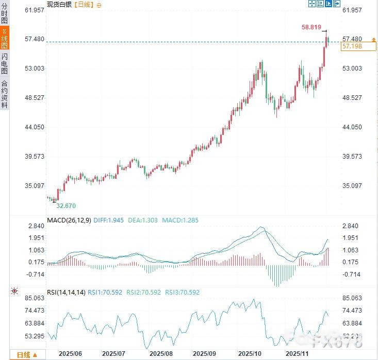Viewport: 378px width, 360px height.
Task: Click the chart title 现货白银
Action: click(59, 4)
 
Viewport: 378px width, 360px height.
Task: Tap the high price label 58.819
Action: click(311, 27)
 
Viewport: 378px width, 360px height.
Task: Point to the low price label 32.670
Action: click(65, 205)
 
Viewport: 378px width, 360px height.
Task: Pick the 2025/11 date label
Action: click(297, 354)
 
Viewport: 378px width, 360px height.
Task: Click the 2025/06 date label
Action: click(71, 354)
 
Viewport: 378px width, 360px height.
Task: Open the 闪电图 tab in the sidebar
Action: click(5, 63)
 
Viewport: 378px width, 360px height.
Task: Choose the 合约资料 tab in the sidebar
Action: click(5, 94)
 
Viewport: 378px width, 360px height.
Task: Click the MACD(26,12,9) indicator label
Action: click(69, 220)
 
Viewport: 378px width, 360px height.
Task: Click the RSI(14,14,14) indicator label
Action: click(65, 292)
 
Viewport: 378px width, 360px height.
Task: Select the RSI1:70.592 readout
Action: click(105, 292)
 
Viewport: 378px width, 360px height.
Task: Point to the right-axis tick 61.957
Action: click(353, 10)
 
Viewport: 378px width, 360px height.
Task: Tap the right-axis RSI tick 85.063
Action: click(353, 298)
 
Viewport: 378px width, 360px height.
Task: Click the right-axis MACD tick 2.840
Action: click(351, 226)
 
